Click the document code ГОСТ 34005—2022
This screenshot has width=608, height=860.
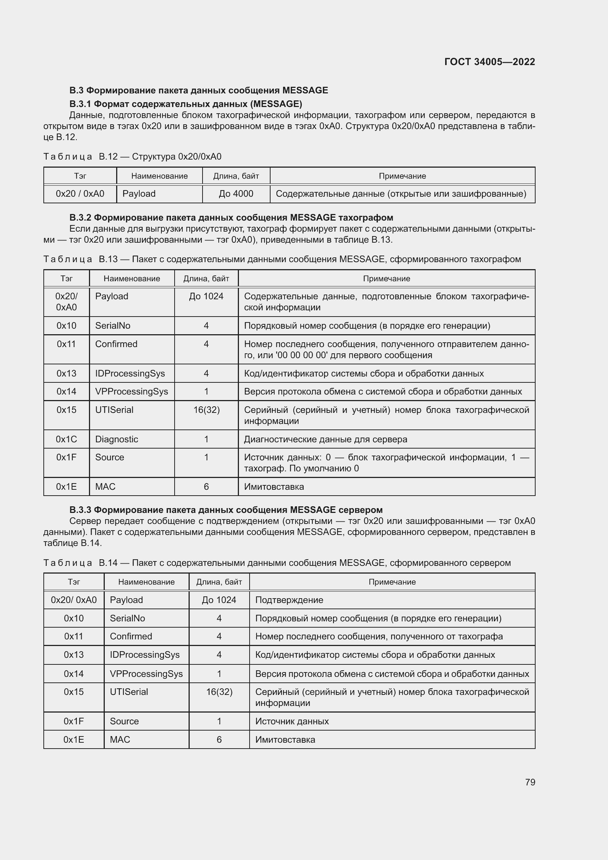click(x=489, y=62)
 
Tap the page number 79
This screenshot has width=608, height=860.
click(x=530, y=782)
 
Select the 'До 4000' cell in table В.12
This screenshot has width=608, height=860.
click(x=236, y=194)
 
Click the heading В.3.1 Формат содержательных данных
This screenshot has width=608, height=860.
click(x=186, y=103)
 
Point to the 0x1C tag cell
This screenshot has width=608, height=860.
click(x=66, y=439)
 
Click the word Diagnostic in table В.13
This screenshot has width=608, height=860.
click(x=117, y=439)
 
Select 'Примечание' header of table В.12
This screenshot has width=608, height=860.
click(x=402, y=176)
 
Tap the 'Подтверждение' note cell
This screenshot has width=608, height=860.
click(x=289, y=600)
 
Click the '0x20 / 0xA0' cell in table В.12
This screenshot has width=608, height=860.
click(x=80, y=194)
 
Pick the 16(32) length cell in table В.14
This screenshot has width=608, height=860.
click(x=219, y=692)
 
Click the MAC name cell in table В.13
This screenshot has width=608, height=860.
click(x=105, y=486)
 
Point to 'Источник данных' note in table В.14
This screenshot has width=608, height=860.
click(x=292, y=721)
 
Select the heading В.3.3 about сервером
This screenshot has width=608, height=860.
click(x=226, y=510)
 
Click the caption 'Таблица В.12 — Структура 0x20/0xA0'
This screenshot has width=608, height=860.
click(x=132, y=157)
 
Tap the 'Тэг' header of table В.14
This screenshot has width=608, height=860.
click(x=74, y=582)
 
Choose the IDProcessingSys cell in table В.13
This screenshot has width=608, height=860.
click(x=130, y=374)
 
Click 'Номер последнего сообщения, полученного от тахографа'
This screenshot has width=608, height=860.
click(x=379, y=636)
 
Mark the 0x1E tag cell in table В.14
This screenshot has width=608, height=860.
click(x=74, y=739)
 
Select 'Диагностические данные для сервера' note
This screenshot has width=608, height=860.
click(x=325, y=439)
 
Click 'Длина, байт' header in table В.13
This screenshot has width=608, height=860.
click(x=206, y=279)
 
